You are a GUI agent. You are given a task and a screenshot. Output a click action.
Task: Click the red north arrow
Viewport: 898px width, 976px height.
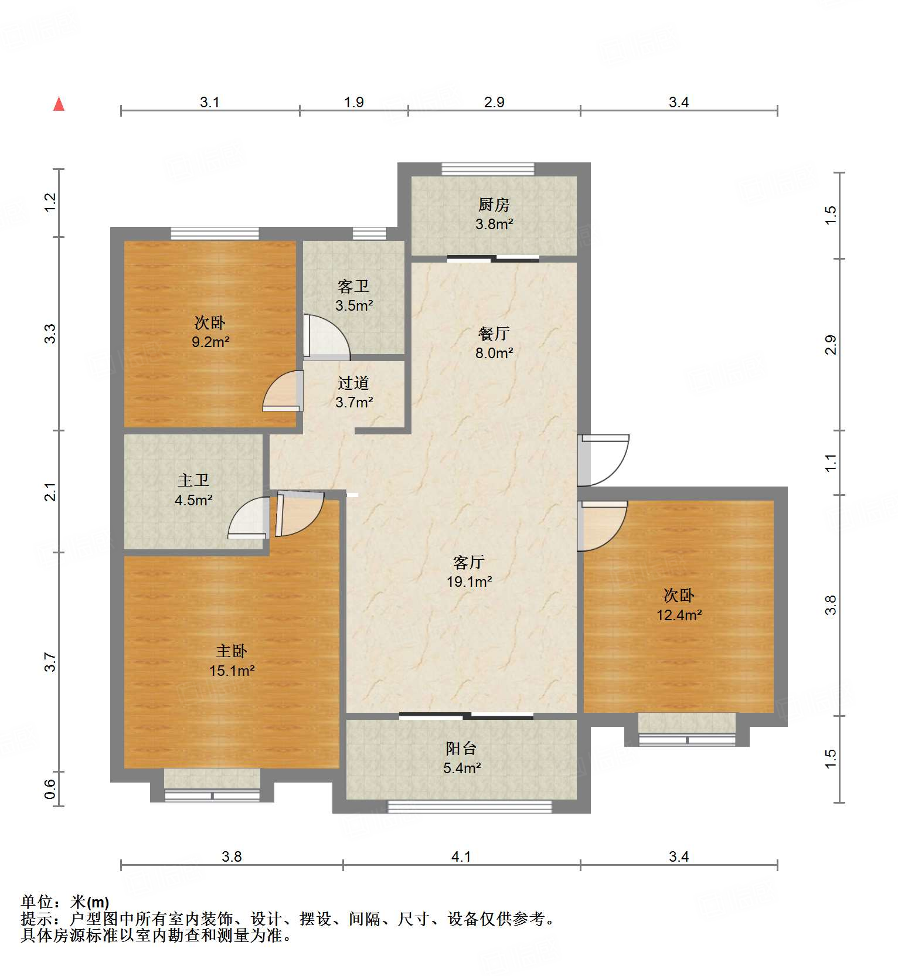[59, 104]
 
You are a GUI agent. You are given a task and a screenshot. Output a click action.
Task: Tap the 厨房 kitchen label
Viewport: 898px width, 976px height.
[494, 214]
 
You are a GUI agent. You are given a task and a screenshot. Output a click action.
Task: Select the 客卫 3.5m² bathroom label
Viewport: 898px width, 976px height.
[353, 295]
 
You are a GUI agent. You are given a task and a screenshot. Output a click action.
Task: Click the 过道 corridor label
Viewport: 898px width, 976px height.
[353, 392]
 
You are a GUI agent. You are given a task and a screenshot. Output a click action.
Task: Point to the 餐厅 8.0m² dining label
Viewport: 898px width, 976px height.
[494, 343]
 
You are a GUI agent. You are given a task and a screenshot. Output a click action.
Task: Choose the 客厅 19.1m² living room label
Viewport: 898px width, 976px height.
[469, 572]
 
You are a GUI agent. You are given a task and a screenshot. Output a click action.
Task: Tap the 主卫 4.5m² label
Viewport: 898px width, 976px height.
[193, 490]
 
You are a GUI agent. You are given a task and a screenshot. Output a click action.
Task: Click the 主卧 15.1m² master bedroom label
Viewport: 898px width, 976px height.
[232, 661]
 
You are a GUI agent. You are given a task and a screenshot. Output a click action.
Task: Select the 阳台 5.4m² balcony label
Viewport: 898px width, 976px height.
[461, 757]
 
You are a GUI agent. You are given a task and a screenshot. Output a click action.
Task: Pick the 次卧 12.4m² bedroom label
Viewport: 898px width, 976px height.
[679, 605]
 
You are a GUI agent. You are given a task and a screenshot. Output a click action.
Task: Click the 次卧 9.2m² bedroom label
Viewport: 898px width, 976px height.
[210, 332]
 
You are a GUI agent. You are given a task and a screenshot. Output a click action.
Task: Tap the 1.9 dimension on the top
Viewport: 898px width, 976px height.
[353, 102]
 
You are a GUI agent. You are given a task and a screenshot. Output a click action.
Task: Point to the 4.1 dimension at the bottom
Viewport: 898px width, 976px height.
[461, 856]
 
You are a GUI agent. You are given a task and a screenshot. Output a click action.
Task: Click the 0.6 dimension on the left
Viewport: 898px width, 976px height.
[50, 788]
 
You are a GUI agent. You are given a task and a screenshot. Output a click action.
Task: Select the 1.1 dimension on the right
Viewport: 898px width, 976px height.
[830, 463]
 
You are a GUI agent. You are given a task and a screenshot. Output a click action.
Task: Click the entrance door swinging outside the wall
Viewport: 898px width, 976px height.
[604, 460]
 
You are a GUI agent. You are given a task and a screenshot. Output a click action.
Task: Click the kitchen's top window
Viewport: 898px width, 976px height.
[488, 169]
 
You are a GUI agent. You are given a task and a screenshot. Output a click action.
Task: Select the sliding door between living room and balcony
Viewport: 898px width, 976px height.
[467, 715]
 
